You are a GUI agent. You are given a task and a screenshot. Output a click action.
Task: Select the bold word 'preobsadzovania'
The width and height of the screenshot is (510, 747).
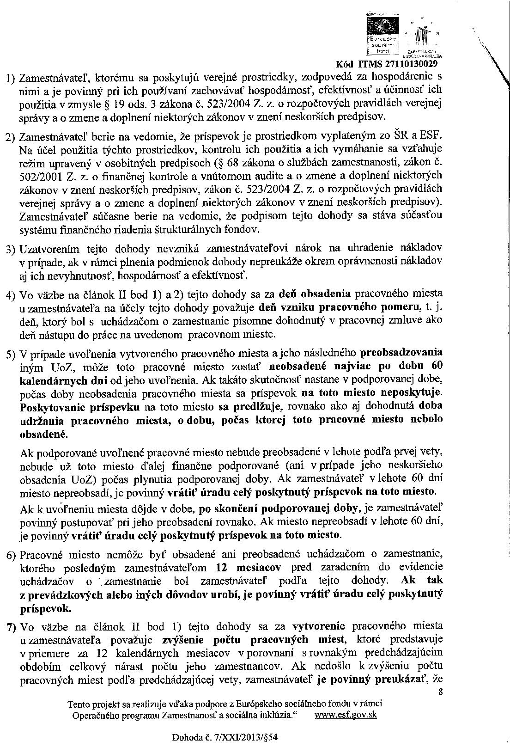(401, 352)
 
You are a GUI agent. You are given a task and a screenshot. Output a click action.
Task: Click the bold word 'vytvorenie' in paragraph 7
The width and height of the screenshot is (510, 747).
(319, 626)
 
